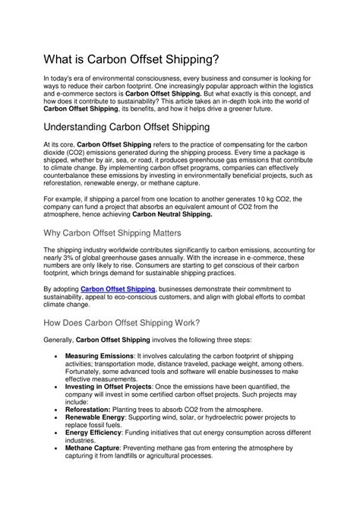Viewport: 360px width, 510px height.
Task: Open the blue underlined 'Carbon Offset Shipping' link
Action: [x=118, y=290]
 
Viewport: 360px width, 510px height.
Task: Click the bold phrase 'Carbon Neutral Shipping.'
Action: [x=172, y=214]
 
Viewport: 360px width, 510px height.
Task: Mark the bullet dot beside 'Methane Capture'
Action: [x=58, y=448]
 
